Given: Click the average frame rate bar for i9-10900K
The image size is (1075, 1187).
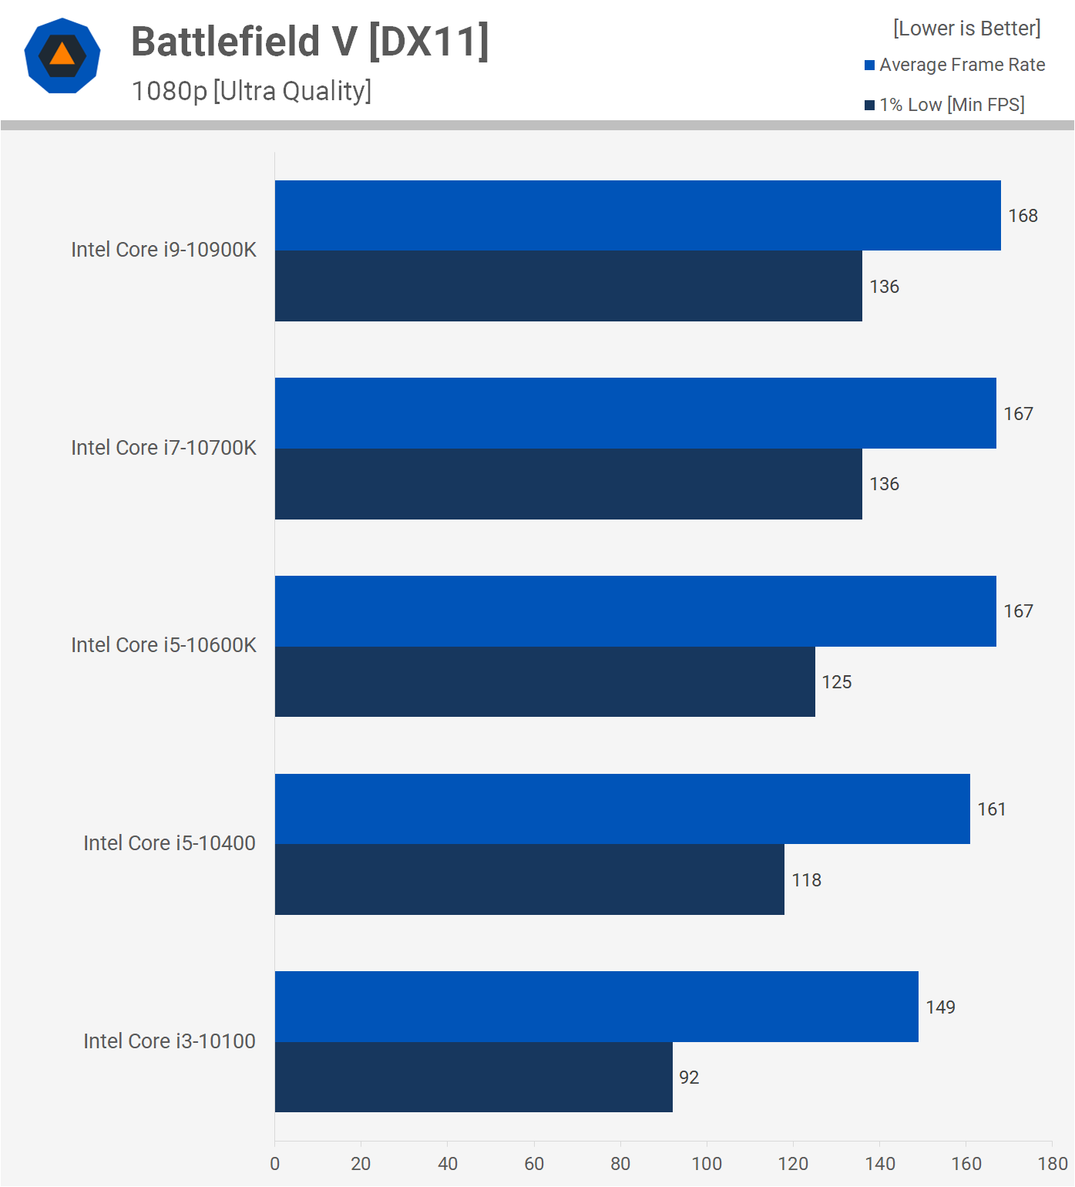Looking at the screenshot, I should pos(637,216).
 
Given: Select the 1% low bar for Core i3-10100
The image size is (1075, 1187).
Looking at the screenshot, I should pos(473,1077).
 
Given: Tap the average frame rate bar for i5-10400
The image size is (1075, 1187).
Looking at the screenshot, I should pos(622,809).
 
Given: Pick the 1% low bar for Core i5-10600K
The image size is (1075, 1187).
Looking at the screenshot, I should pos(545,681).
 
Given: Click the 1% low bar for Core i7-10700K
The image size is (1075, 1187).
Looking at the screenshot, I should pos(568,484).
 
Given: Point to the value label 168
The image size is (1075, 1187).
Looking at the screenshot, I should pos(1023,216).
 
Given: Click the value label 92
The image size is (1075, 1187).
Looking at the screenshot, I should pos(689,1078).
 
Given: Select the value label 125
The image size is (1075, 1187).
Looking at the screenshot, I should pos(836,682).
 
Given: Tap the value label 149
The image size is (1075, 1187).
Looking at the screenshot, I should pos(940,1007).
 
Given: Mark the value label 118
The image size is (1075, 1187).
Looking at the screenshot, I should pos(806,880).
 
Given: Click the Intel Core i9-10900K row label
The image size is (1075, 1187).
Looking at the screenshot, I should pos(163,250).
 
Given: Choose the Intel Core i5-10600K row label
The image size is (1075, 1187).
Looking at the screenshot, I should pos(163,645).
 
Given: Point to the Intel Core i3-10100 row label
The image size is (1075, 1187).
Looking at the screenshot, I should pos(170,1041).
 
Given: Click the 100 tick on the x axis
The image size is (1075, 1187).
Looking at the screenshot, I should pos(707,1164).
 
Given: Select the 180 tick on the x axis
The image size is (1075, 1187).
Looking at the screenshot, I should pos(1053,1164).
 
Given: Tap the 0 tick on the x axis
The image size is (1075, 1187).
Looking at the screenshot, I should pos(275,1164).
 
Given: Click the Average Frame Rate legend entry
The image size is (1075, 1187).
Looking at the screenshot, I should pos(955,65).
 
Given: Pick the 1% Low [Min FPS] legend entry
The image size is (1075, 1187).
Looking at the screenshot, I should pos(945,105).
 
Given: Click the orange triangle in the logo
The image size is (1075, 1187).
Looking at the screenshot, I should pos(62,55).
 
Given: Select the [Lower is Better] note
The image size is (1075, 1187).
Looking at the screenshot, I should pos(966,29).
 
